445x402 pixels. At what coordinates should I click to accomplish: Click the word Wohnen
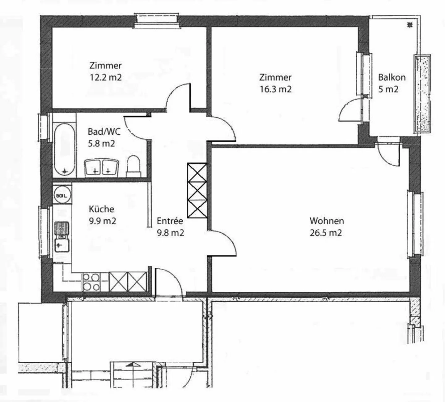(327, 221)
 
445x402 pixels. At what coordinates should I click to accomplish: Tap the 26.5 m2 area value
(326, 233)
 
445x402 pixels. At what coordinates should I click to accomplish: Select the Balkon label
(392, 77)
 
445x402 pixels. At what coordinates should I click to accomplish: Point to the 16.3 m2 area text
(276, 89)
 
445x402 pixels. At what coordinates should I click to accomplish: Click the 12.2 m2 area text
(106, 78)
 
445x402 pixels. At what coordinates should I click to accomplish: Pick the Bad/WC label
(104, 132)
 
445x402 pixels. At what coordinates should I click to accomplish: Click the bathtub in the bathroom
(64, 149)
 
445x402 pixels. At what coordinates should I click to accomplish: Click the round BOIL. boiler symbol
(62, 195)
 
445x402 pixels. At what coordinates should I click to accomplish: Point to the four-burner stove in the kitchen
(91, 282)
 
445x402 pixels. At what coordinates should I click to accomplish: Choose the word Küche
(102, 209)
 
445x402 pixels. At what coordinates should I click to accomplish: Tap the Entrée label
(170, 221)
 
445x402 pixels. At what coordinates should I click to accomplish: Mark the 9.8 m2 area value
(170, 233)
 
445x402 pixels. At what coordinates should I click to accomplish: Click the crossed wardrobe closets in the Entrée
(197, 190)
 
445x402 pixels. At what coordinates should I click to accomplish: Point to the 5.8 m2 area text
(101, 144)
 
